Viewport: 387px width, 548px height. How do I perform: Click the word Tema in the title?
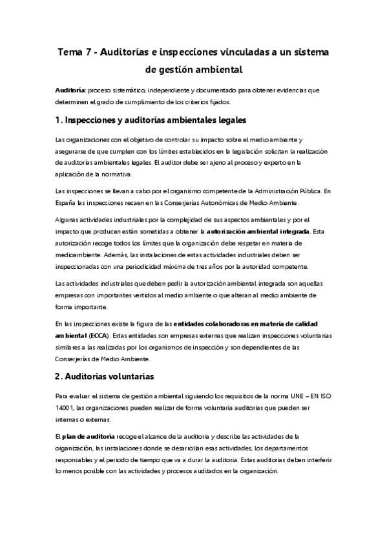69,51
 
